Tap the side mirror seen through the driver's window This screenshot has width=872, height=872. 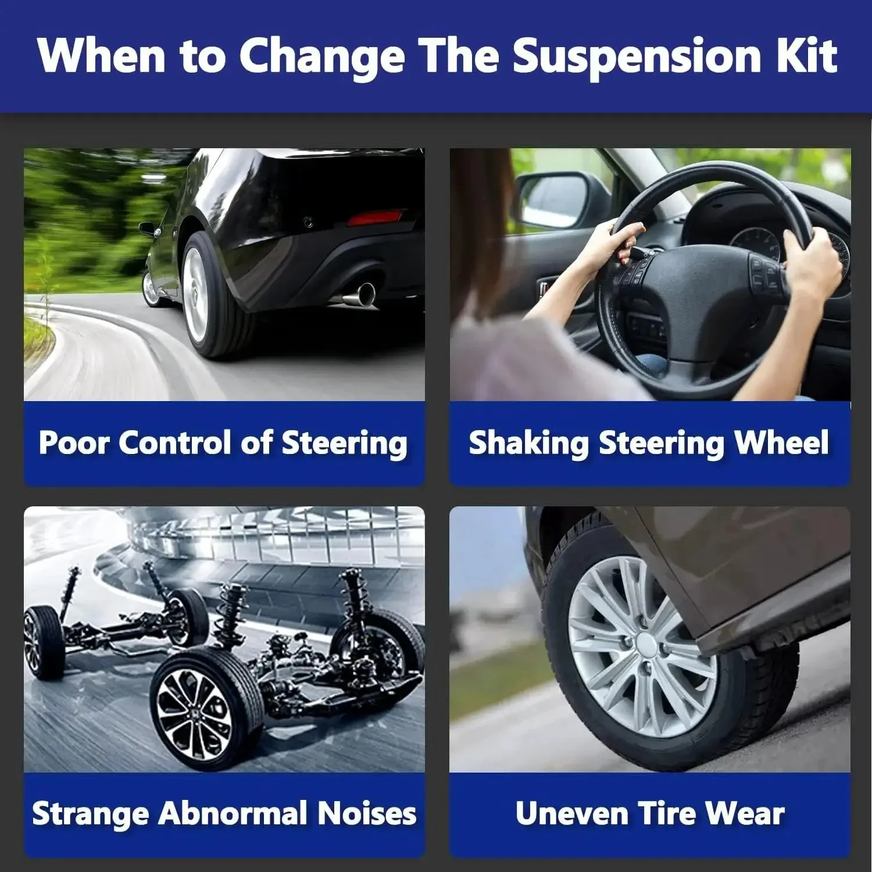553,200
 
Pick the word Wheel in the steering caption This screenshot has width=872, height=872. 782,442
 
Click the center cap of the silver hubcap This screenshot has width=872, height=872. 645,644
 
